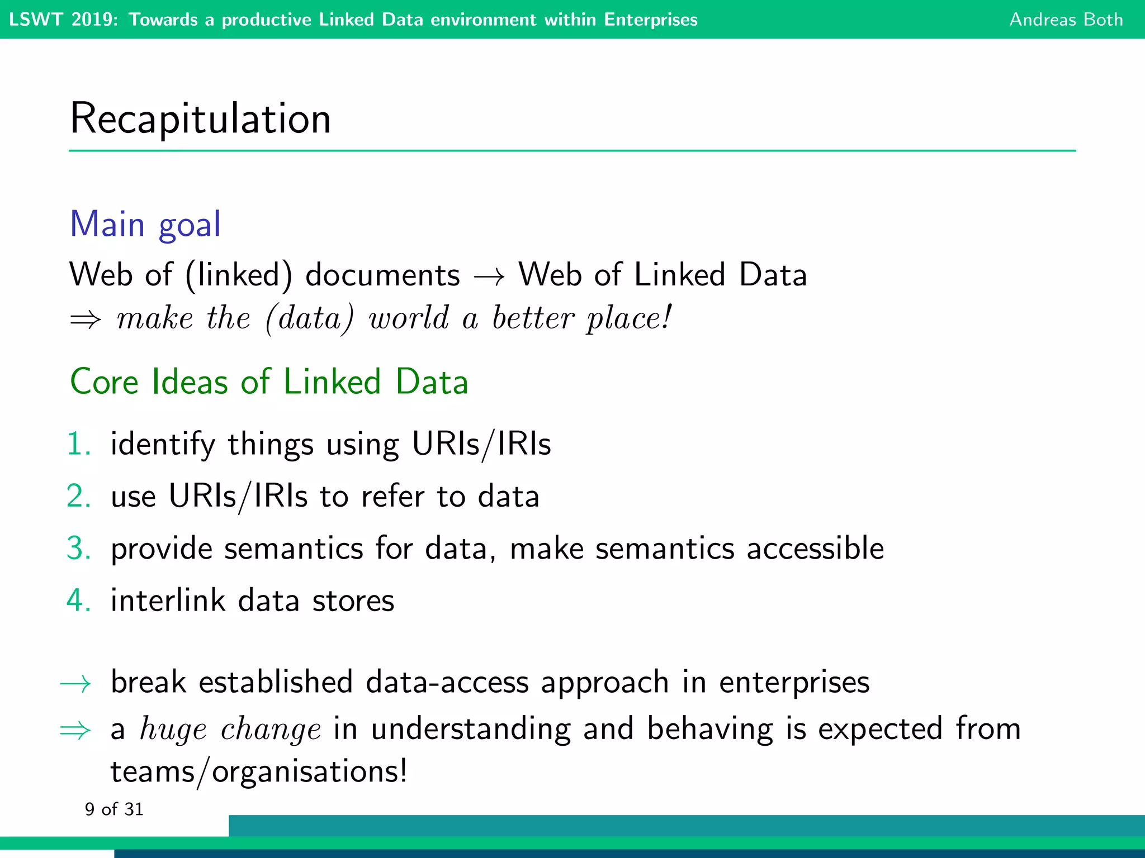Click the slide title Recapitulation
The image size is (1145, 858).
click(200, 119)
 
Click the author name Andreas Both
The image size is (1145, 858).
click(1066, 20)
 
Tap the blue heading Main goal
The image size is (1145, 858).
click(145, 224)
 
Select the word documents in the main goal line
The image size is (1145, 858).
click(382, 275)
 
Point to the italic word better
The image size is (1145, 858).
click(533, 318)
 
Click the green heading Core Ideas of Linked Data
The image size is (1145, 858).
click(269, 382)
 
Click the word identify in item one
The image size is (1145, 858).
click(163, 445)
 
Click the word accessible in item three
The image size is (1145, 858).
click(815, 548)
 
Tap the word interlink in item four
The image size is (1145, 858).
click(168, 600)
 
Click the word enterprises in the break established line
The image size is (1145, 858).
click(794, 682)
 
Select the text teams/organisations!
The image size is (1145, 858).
click(259, 772)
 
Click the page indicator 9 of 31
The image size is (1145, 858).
click(114, 809)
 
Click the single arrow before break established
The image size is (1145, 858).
click(75, 683)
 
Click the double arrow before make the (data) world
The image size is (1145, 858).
click(85, 320)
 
